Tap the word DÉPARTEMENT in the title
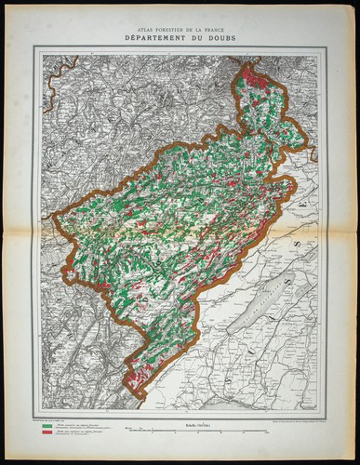coord(159,39)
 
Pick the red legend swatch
coord(46,434)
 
